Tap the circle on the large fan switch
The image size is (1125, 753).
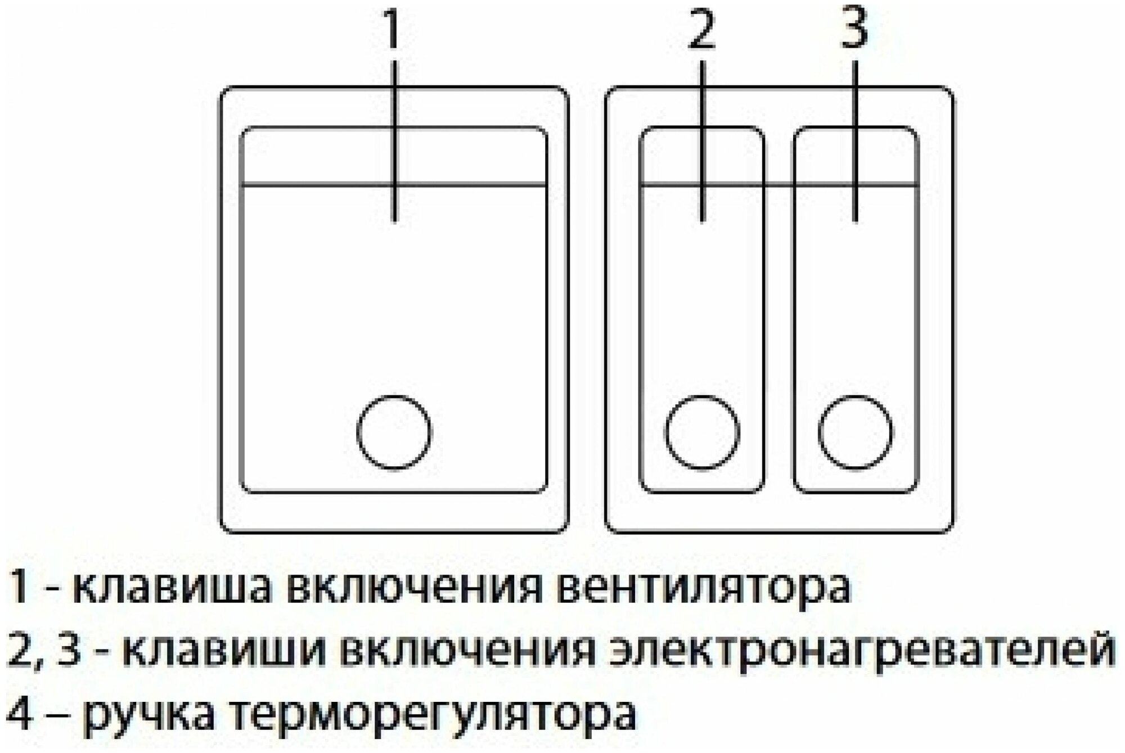[x=394, y=432]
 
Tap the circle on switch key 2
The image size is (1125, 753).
[x=701, y=432]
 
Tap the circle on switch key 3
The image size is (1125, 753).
[x=855, y=432]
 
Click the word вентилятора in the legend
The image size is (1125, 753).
[x=706, y=588]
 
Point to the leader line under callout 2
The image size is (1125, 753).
[x=702, y=141]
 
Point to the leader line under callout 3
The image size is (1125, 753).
[x=855, y=141]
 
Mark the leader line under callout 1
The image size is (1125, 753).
[x=394, y=141]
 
